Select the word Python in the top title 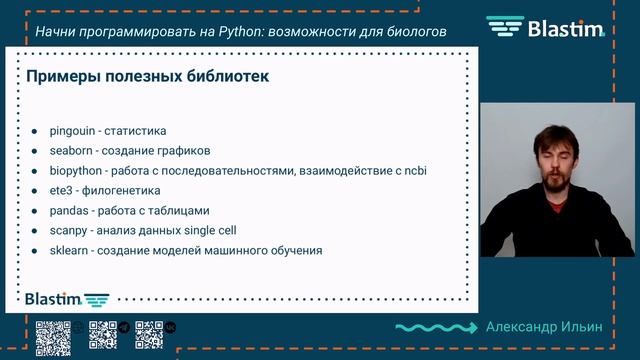click(248, 32)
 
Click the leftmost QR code click(52, 335)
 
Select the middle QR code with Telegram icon click(105, 335)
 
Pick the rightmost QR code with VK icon click(150, 335)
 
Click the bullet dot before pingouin click(34, 131)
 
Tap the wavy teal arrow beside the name click(436, 327)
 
